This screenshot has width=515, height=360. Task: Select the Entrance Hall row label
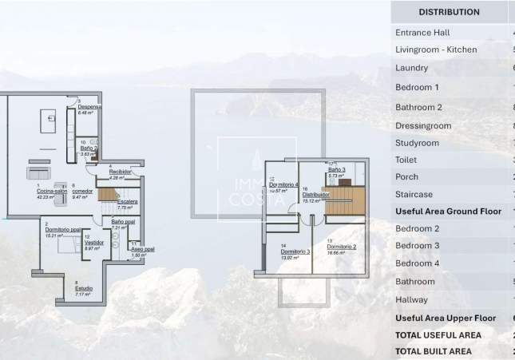[422, 33]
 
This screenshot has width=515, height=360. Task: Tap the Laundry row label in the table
[411, 69]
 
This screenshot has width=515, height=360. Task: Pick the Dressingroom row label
[423, 126]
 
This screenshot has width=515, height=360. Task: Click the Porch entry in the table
[406, 177]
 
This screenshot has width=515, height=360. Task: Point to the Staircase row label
[414, 195]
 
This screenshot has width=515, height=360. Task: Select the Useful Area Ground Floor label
[448, 212]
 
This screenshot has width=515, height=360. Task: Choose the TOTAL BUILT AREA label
[434, 351]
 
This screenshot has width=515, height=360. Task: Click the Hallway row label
[411, 300]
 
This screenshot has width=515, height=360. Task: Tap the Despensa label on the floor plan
[89, 107]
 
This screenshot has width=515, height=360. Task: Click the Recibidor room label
[120, 172]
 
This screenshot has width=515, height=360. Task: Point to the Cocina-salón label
[51, 192]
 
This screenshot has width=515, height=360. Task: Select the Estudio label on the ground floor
[83, 289]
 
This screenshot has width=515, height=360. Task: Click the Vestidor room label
[94, 242]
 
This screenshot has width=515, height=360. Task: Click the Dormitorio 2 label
[341, 247]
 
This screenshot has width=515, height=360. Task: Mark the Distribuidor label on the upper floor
[315, 195]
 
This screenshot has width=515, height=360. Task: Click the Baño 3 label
[336, 170]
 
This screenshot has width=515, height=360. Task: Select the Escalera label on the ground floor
[127, 202]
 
